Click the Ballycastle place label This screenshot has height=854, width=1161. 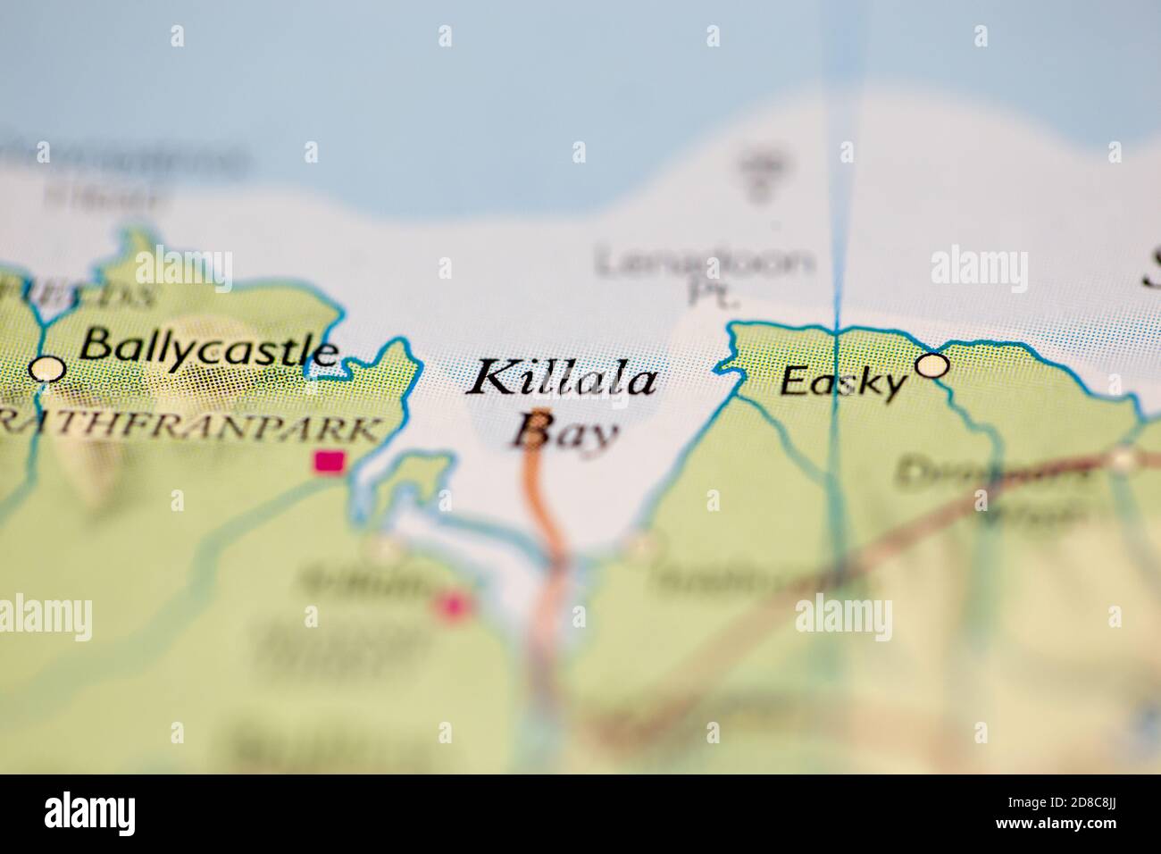pyautogui.click(x=209, y=346)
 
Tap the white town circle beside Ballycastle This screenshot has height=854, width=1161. pyautogui.click(x=47, y=368)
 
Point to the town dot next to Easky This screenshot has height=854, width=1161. pyautogui.click(x=932, y=365)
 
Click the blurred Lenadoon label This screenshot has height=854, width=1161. pyautogui.click(x=706, y=263)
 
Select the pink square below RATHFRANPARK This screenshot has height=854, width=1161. pyautogui.click(x=330, y=461)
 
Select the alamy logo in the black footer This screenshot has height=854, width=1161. pyautogui.click(x=89, y=814)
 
